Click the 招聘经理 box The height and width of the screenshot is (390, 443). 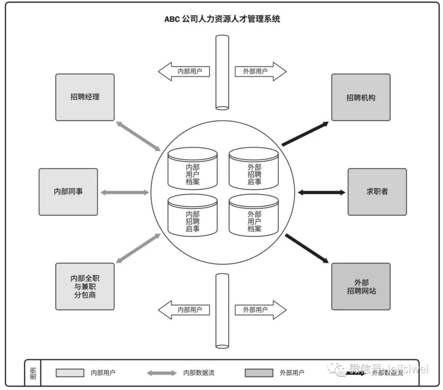[85, 97]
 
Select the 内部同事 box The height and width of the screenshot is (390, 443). [69, 192]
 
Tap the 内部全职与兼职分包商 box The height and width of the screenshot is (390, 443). [85, 286]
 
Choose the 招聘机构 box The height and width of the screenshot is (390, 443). [361, 97]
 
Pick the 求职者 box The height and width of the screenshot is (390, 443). [377, 192]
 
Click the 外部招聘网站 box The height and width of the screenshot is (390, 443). [361, 286]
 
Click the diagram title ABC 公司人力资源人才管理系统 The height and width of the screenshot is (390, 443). [222, 19]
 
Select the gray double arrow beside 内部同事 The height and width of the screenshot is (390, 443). [125, 192]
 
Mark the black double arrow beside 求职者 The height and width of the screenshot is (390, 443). [321, 192]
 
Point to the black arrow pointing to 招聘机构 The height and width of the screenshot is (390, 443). [305, 134]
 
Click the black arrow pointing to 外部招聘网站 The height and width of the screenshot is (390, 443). [306, 248]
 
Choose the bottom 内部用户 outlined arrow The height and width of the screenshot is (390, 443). [184, 310]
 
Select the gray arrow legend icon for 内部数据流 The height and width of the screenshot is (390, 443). [162, 373]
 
